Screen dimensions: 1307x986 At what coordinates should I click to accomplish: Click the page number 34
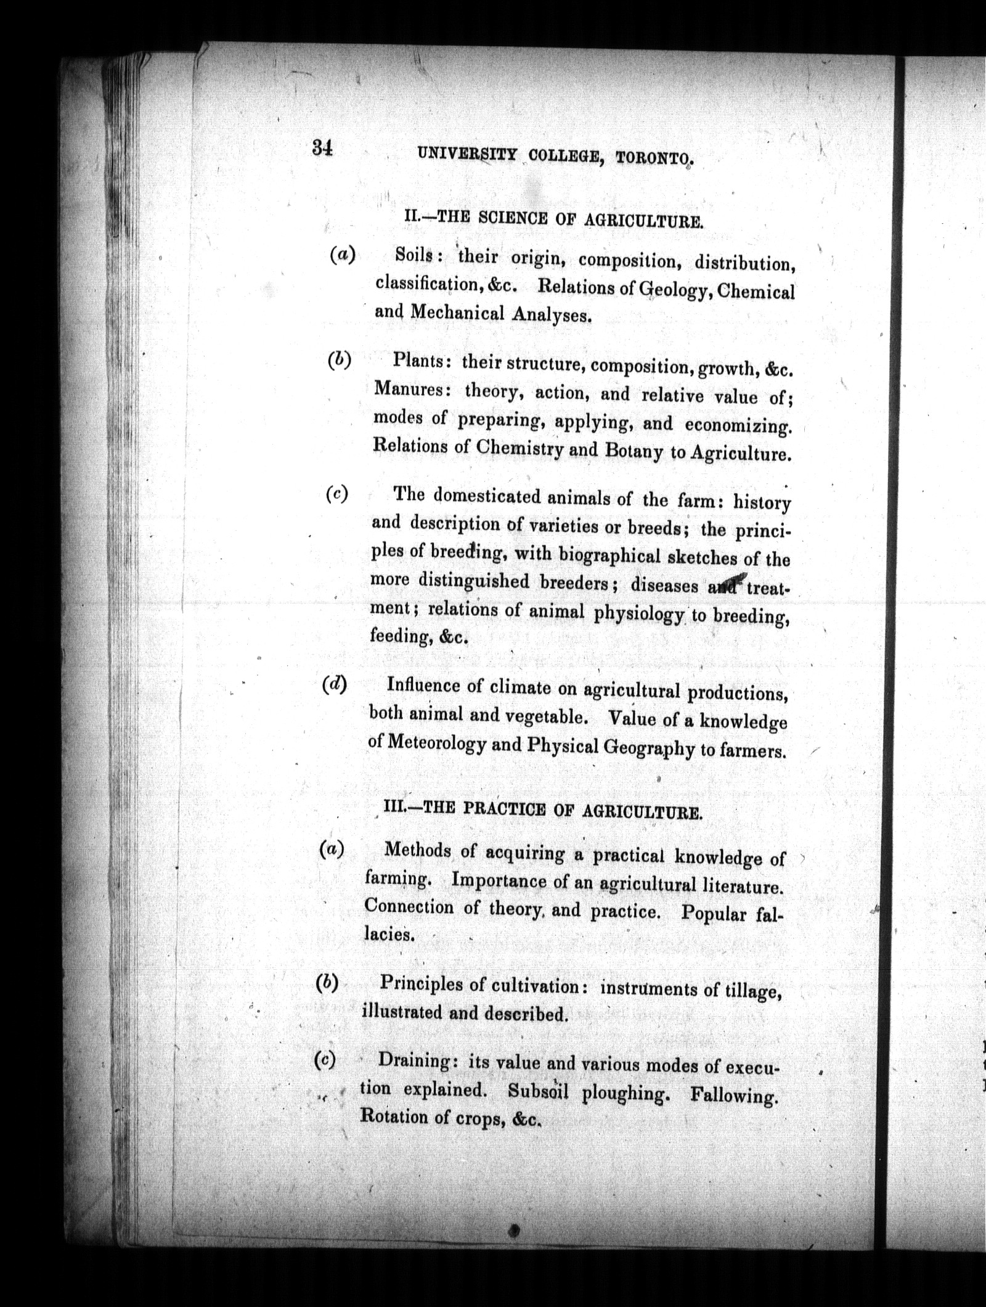322,148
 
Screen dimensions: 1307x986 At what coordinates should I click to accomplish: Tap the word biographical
609,555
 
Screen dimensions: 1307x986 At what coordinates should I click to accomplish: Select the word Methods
417,851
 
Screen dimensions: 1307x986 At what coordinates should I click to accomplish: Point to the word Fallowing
731,1096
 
